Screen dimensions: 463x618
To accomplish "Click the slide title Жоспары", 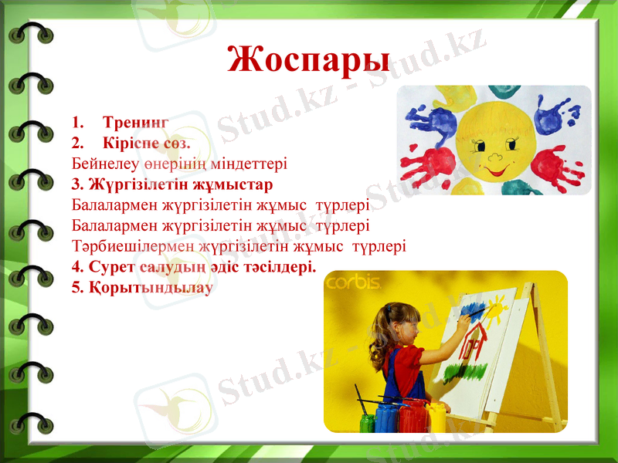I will [x=309, y=59].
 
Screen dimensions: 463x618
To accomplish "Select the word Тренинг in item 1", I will [x=136, y=122].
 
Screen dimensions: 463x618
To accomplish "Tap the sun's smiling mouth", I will [x=494, y=164].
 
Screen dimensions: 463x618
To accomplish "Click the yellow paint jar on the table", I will [x=437, y=417].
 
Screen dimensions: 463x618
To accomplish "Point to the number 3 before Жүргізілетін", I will [x=76, y=184].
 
